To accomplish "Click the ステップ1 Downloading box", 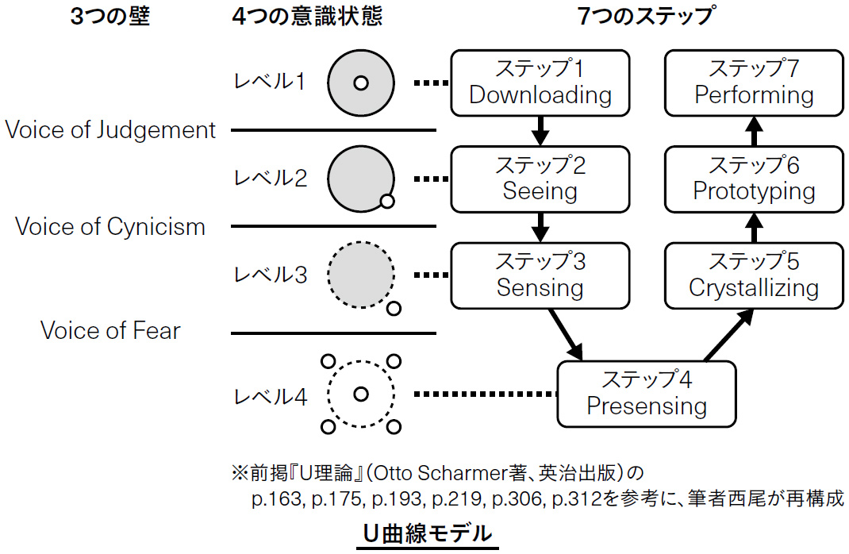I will point(540,83).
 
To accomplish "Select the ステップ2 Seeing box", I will point(540,179).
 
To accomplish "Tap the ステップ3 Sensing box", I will point(540,275).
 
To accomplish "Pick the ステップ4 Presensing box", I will point(647,393).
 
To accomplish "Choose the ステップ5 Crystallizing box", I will point(753,275).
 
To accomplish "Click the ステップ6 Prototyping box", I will point(753,179).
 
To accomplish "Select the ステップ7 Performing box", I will point(753,83).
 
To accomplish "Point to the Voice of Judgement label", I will point(110,130).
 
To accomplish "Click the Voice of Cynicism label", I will point(110,227).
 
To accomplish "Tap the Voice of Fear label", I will point(110,330).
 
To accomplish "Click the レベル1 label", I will point(269,82).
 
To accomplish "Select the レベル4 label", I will point(269,396).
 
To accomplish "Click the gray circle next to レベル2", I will point(359,178).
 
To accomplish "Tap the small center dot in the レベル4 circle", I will point(361,393).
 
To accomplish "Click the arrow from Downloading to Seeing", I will point(540,130).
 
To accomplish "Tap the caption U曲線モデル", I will point(427,534).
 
